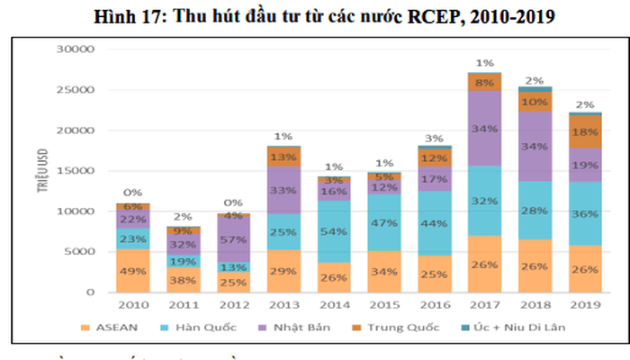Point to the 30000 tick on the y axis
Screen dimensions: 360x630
pos(76,49)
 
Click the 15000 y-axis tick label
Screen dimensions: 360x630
pos(76,171)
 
